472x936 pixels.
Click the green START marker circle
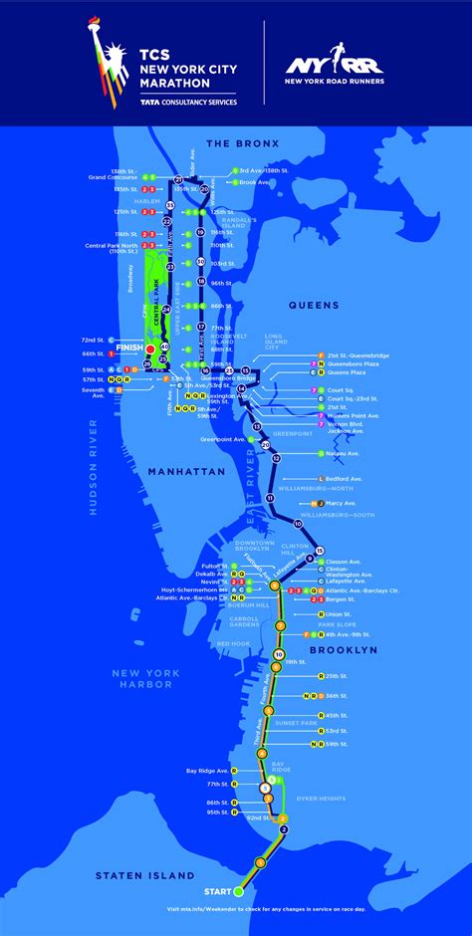point(237,891)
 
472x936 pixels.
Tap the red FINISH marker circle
point(150,350)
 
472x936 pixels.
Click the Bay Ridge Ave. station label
point(206,771)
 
